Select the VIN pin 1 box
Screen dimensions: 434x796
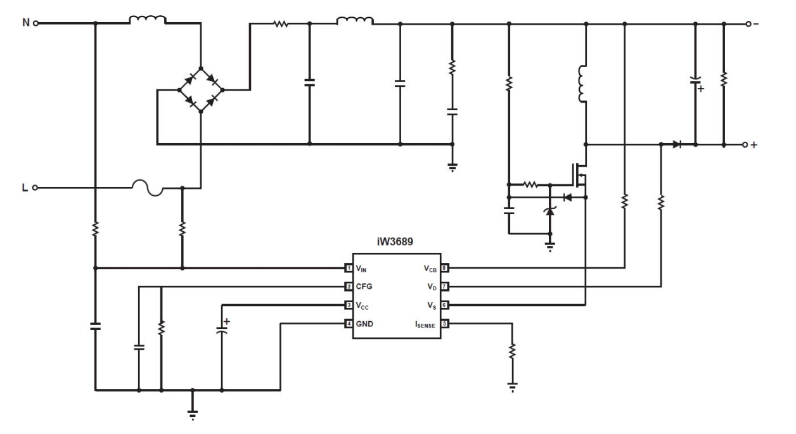pyautogui.click(x=349, y=268)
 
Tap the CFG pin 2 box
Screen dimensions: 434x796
pyautogui.click(x=349, y=286)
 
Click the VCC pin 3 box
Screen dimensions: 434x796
pyautogui.click(x=349, y=305)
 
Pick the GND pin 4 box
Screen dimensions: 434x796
pyautogui.click(x=349, y=324)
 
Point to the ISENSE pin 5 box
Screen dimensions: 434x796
pyautogui.click(x=445, y=324)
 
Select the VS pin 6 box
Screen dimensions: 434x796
pyautogui.click(x=445, y=305)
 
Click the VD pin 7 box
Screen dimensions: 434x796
pyautogui.click(x=445, y=286)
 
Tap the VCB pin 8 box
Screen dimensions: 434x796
pyautogui.click(x=445, y=268)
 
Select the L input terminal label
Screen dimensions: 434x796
pyautogui.click(x=25, y=188)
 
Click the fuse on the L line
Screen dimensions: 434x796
pyautogui.click(x=148, y=187)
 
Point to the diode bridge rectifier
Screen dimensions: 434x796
pyautogui.click(x=200, y=89)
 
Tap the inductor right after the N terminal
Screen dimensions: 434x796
pyautogui.click(x=148, y=21)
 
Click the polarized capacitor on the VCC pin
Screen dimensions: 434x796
pyautogui.click(x=221, y=331)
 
